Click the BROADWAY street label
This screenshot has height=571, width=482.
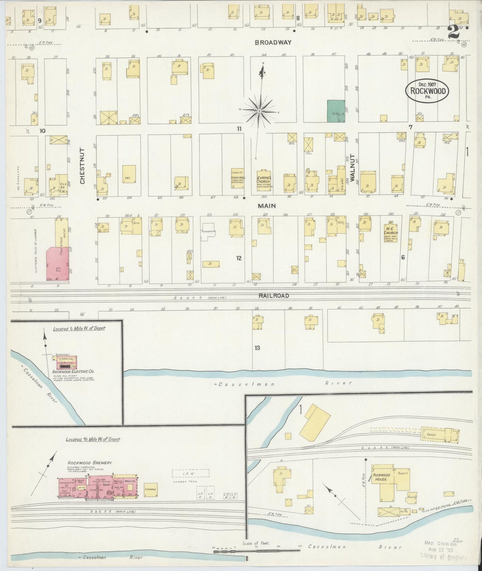pyautogui.click(x=273, y=42)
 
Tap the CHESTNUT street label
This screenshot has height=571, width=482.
pyautogui.click(x=82, y=166)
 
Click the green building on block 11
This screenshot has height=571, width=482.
pyautogui.click(x=336, y=111)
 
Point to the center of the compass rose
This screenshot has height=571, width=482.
pyautogui.click(x=259, y=111)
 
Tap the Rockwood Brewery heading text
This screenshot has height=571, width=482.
pyautogui.click(x=89, y=463)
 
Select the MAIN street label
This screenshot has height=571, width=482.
pyautogui.click(x=266, y=206)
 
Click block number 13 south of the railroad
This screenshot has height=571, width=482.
pyautogui.click(x=257, y=348)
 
